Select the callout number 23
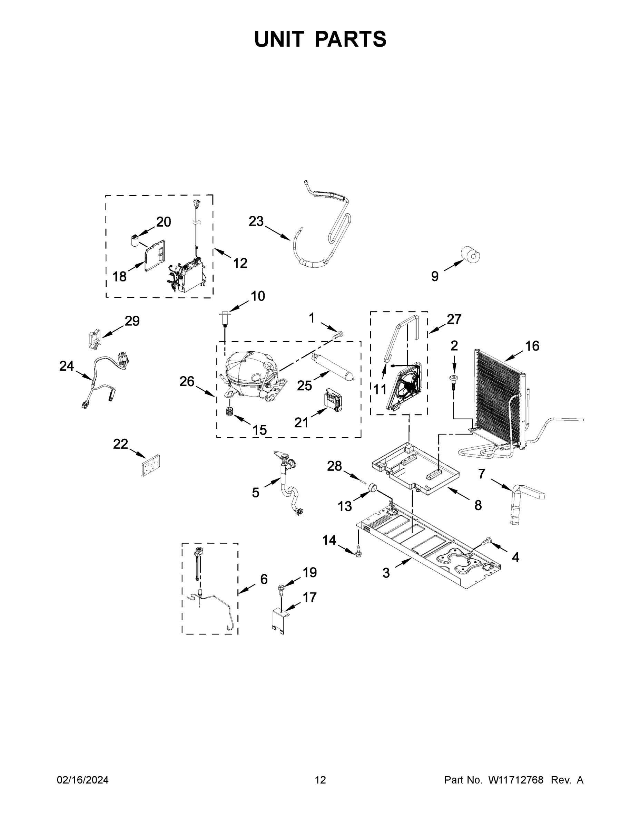pyautogui.click(x=256, y=221)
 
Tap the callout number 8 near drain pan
pyautogui.click(x=478, y=505)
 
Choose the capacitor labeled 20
pyautogui.click(x=134, y=241)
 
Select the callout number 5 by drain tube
pyautogui.click(x=256, y=493)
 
